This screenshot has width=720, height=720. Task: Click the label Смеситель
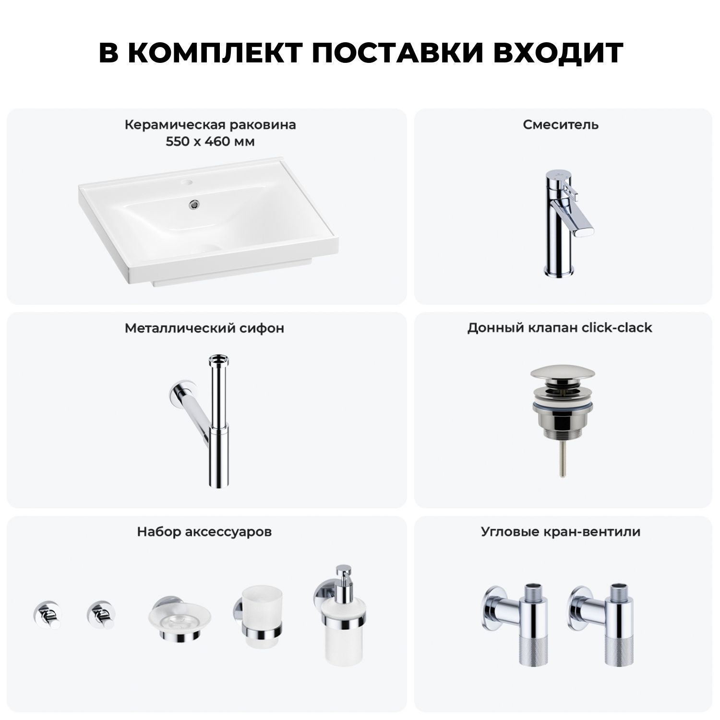561,125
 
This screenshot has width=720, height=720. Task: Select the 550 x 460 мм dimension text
210,142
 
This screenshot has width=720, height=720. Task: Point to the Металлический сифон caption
204,328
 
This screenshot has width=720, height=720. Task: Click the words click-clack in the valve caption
617,328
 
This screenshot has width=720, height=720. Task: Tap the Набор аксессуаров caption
204,532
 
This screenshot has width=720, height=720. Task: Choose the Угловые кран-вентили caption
561,532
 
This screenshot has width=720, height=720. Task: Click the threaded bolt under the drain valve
561,458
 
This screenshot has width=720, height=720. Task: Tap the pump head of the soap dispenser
344,576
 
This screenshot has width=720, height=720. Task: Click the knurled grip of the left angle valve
533,650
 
